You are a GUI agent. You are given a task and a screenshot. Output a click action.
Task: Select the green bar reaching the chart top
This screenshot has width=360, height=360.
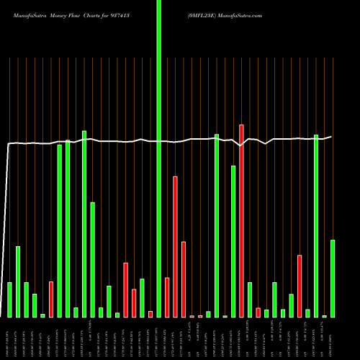coord(158,158)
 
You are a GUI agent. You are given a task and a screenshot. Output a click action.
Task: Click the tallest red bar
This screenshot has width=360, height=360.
coord(241,220)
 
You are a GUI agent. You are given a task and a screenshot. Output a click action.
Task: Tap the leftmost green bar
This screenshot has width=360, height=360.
coord(9,300)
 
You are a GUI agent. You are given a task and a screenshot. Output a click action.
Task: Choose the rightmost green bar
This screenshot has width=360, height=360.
coord(333,278)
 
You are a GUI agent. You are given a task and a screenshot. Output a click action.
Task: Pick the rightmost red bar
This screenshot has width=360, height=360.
coord(300,286)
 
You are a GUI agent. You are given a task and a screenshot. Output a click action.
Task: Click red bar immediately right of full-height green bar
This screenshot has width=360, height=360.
coord(167,297)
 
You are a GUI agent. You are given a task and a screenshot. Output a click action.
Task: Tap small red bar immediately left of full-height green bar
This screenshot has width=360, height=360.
coord(150,314)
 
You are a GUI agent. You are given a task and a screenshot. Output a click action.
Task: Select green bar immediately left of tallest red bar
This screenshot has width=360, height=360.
coord(233,241)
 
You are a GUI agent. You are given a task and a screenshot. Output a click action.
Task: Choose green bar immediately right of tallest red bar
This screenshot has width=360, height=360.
coord(250,300)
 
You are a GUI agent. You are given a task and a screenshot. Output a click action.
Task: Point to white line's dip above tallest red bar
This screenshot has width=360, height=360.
coord(241,145)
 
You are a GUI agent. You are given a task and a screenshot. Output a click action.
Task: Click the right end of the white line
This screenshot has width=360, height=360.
coord(331,136)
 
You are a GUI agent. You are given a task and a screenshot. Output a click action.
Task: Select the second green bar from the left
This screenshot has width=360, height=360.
coord(18,282)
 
